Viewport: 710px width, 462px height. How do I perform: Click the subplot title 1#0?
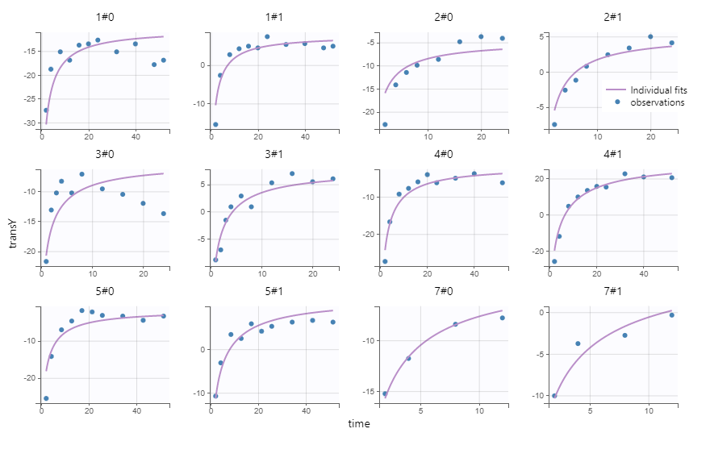point(104,17)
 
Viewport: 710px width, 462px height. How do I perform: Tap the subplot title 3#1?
point(274,154)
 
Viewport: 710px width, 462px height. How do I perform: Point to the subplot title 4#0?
point(443,154)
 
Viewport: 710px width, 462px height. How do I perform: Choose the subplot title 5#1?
point(274,291)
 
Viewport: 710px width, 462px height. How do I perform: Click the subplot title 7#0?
point(443,291)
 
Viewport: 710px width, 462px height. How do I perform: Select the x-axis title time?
point(359,423)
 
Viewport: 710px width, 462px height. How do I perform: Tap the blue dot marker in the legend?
point(617,102)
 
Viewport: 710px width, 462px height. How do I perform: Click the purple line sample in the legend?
point(616,89)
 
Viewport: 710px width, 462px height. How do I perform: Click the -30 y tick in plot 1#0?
point(29,123)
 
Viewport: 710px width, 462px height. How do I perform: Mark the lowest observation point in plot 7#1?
point(554,396)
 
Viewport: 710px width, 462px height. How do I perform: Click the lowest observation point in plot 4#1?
point(554,261)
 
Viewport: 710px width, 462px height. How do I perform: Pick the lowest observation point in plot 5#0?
point(46,398)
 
